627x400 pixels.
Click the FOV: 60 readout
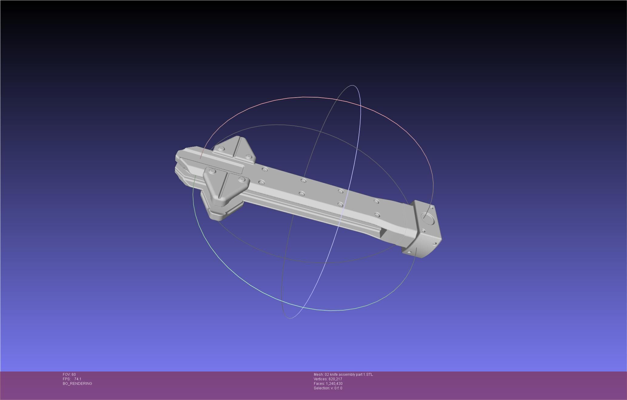[x=69, y=375]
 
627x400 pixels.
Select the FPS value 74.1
[x=78, y=379]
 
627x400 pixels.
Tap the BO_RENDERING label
[x=77, y=384]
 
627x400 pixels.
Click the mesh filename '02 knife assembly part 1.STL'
[x=349, y=375]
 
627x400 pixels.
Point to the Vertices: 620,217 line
[x=328, y=379]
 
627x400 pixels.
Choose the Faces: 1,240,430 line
[x=328, y=384]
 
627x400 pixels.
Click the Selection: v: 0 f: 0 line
[x=328, y=388]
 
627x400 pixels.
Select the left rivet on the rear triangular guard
[x=221, y=149]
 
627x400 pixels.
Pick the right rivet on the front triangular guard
[x=242, y=179]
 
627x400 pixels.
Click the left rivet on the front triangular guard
[x=213, y=172]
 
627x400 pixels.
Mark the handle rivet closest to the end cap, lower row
[x=377, y=215]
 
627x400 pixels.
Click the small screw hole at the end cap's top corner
[x=432, y=207]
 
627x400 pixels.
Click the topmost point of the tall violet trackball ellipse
[x=353, y=85]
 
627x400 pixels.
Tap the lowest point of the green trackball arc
[x=330, y=310]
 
